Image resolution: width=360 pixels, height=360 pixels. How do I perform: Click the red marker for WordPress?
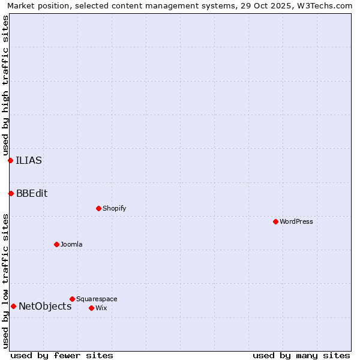[275, 221]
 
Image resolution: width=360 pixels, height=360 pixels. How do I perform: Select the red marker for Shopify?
[98, 208]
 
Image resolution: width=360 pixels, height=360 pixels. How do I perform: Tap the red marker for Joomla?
[56, 244]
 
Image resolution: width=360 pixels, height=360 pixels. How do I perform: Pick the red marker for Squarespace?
[72, 299]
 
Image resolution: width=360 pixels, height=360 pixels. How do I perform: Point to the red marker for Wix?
[91, 308]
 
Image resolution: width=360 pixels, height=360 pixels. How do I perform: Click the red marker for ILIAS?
[10, 160]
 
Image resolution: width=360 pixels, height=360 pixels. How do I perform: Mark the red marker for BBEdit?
[11, 193]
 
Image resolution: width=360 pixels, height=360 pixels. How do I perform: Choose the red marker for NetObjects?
[13, 306]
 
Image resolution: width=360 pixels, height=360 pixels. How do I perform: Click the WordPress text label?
[296, 221]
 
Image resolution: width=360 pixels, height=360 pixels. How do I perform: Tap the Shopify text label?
[114, 208]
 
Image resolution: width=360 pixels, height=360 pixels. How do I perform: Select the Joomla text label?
[71, 244]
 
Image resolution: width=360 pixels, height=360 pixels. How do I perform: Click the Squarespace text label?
[97, 299]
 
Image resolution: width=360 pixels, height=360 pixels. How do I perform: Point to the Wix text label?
[101, 308]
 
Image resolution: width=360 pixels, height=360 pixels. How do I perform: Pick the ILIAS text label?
[29, 160]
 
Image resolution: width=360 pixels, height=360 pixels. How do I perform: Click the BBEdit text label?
[32, 193]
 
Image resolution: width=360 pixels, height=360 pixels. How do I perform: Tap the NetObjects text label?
[45, 306]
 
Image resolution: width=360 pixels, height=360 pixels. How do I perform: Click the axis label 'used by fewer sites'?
[62, 355]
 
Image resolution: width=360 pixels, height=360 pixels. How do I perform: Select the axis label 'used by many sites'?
[301, 355]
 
